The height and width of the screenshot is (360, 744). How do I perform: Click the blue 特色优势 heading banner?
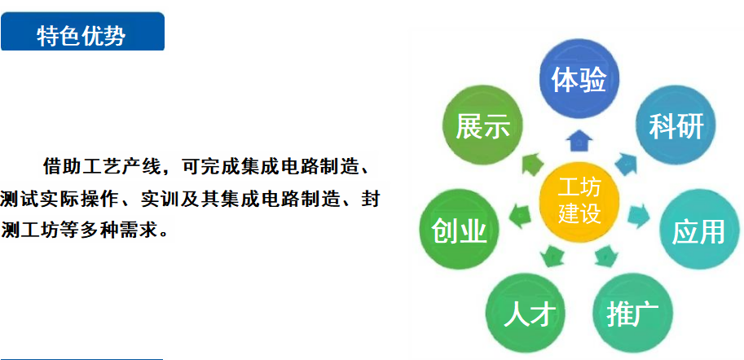[x=82, y=31]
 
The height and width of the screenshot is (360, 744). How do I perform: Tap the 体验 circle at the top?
[x=579, y=79]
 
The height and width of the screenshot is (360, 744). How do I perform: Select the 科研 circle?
[x=676, y=125]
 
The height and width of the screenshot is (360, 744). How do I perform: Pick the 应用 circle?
[x=699, y=231]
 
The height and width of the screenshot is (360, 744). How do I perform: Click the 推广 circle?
[x=632, y=313]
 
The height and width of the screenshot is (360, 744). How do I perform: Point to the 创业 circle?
[x=460, y=230]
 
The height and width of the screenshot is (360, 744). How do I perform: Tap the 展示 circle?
[x=482, y=125]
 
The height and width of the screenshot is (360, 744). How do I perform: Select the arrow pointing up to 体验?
[x=580, y=141]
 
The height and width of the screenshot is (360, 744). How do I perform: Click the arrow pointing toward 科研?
[x=626, y=164]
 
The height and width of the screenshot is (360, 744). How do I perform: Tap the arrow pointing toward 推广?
[x=606, y=256]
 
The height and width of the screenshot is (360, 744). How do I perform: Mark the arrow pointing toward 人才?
[x=552, y=256]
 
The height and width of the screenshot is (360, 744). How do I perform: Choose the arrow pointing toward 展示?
[x=533, y=164]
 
